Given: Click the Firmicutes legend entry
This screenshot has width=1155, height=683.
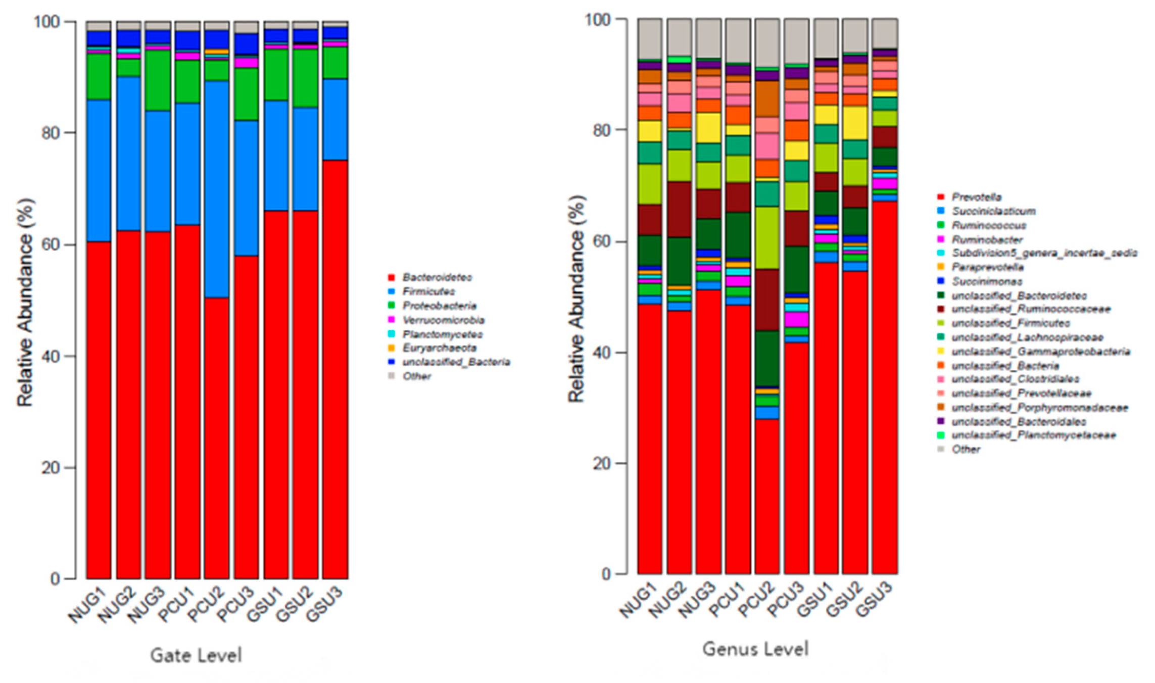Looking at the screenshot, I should [428, 291].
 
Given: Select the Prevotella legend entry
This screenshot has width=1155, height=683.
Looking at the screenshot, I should [976, 197].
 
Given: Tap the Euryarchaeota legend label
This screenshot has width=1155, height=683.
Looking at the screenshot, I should [439, 348].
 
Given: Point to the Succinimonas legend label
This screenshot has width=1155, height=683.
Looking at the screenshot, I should [987, 281].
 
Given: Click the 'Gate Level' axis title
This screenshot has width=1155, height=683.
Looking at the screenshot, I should [196, 655].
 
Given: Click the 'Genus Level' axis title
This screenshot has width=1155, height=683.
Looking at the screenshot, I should [755, 649].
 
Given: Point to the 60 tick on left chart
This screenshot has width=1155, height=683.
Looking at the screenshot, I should [51, 245].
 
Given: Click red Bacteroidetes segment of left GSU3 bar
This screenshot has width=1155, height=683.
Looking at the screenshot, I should [335, 369].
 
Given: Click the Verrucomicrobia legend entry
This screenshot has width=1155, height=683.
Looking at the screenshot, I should [443, 320].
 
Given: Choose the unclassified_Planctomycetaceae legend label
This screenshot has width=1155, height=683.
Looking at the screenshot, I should [1033, 435].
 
